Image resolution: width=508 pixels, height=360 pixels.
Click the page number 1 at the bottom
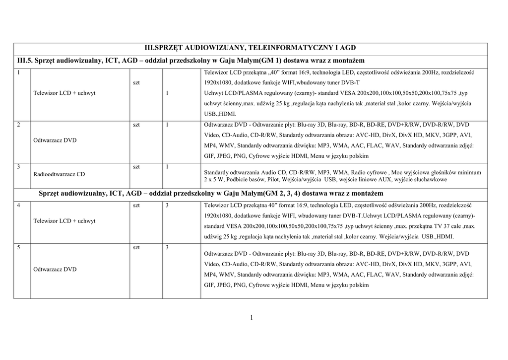252,317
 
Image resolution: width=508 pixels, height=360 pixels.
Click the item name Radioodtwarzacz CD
59,174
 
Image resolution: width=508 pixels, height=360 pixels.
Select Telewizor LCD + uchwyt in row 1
64,93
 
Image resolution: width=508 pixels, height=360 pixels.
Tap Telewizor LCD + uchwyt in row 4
64,220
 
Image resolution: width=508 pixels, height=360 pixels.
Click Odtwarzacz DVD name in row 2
55,141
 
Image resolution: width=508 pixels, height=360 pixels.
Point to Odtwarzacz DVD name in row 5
55,270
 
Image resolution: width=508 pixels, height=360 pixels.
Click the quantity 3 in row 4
167,205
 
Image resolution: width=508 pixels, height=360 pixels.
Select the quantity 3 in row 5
167,247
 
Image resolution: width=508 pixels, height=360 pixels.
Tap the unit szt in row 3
136,167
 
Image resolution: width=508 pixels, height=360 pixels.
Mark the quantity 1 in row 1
167,93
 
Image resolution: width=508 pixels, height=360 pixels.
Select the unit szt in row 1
136,82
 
